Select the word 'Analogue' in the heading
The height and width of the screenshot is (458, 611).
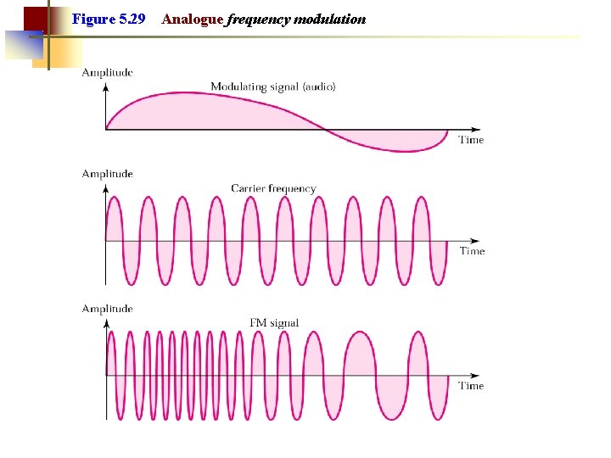point(192,19)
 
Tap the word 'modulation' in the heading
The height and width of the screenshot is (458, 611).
point(329,19)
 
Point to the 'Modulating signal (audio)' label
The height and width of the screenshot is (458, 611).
point(272,87)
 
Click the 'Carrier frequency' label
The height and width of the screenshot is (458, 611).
point(273,188)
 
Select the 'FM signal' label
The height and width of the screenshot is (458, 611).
point(274,322)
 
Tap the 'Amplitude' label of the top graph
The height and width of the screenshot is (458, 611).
point(107,73)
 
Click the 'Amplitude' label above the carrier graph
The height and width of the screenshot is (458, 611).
point(107,174)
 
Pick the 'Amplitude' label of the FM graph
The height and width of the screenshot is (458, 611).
point(107,309)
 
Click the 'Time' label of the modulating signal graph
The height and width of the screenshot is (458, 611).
point(471,140)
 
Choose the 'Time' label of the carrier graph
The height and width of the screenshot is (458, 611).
point(472,251)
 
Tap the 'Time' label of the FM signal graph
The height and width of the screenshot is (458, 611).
point(471,386)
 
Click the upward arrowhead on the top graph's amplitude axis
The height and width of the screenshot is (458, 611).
point(106,86)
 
